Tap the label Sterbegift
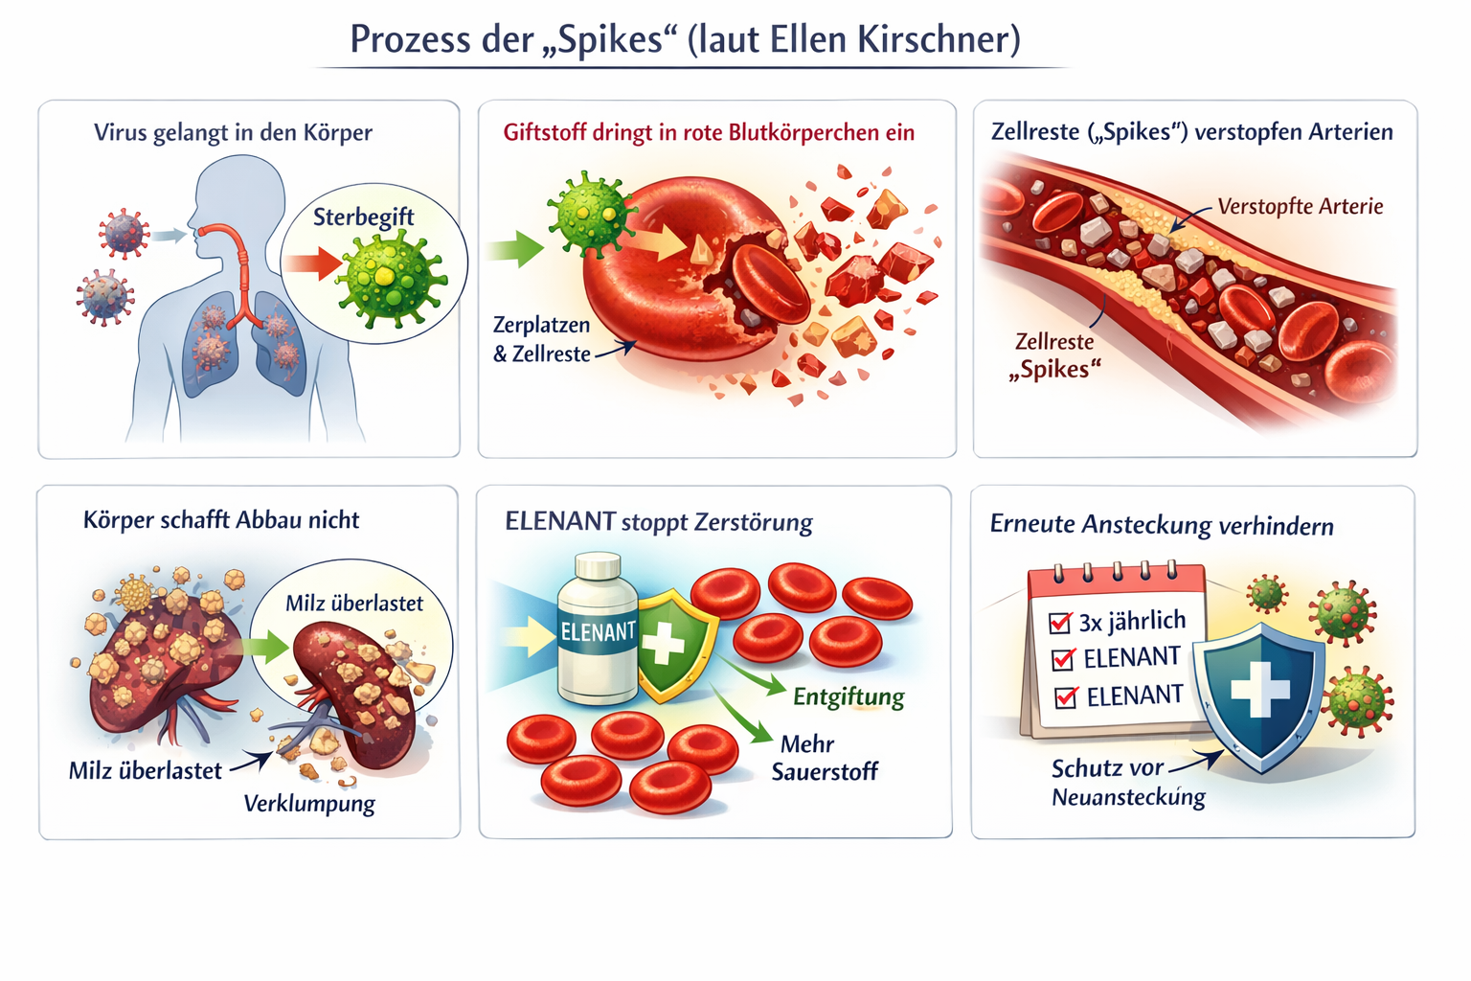363,217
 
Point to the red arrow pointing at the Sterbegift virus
310,263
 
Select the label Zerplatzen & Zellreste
542,339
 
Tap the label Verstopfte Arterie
1300,207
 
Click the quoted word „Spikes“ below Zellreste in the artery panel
1054,370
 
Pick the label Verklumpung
309,803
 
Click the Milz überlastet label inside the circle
354,604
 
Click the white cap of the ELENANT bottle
600,566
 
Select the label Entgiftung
849,696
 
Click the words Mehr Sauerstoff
823,758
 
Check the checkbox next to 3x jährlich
1060,624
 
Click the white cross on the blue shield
1259,688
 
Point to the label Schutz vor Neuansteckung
1127,783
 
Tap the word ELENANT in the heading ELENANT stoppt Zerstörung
560,522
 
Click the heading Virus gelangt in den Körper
233,133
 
